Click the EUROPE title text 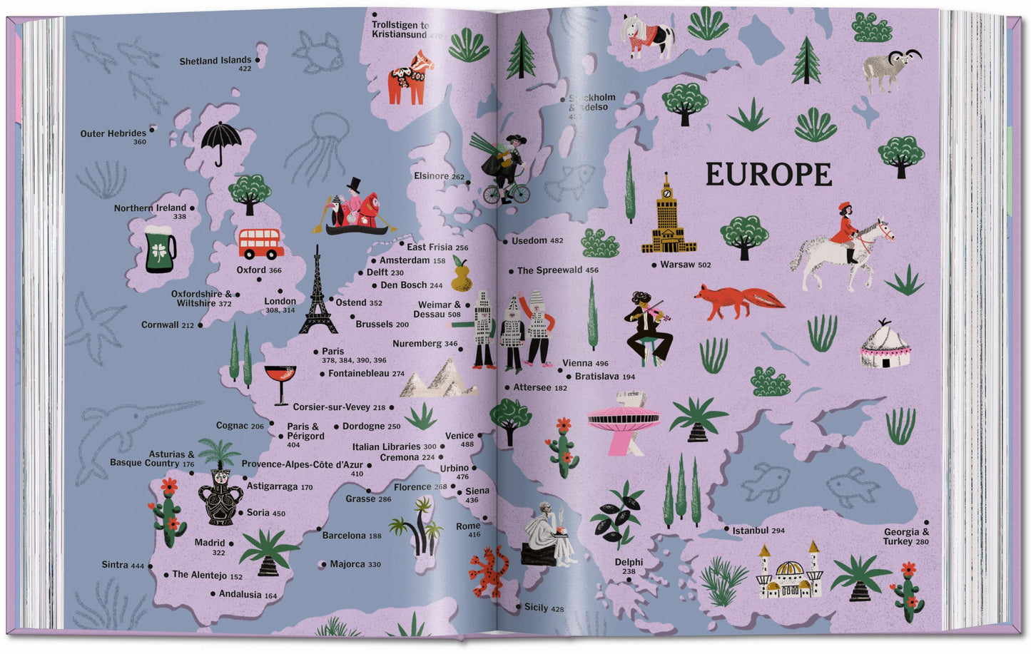768,175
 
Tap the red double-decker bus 260,244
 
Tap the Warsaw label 677,265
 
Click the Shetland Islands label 215,61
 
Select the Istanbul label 750,531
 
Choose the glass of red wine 280,382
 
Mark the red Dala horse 410,76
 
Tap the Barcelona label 344,536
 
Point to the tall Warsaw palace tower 669,216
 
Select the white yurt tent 885,346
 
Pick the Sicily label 536,608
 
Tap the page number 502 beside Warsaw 704,265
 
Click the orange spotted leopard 489,571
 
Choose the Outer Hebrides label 113,133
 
